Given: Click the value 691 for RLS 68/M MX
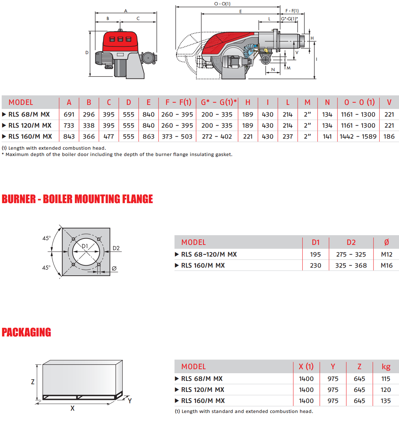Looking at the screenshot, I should point(69,114).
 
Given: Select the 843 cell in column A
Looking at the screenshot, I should point(69,136).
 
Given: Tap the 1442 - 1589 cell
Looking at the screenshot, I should point(358,136).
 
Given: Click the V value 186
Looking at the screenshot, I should point(389,136).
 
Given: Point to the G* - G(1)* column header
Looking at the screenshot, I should point(219,102).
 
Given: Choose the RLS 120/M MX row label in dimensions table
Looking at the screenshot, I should point(30,125).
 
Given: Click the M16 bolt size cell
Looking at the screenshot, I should point(387,265).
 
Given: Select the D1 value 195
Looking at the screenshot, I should point(315,254).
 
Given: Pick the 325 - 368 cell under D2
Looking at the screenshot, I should point(351,265).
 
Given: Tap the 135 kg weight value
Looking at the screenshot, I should point(386,401).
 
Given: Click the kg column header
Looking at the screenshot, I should point(386,367).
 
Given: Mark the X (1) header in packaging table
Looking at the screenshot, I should point(306,367).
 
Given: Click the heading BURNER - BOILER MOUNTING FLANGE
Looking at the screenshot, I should point(77,199).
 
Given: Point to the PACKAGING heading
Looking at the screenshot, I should point(26,332).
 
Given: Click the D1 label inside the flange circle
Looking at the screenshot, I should point(85,246).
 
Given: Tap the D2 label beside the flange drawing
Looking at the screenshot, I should point(116,248).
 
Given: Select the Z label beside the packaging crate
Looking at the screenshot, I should point(33,382).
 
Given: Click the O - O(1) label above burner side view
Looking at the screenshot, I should point(222,4).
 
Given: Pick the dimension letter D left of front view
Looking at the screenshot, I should point(87,52).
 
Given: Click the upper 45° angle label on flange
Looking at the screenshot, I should point(46,238).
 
